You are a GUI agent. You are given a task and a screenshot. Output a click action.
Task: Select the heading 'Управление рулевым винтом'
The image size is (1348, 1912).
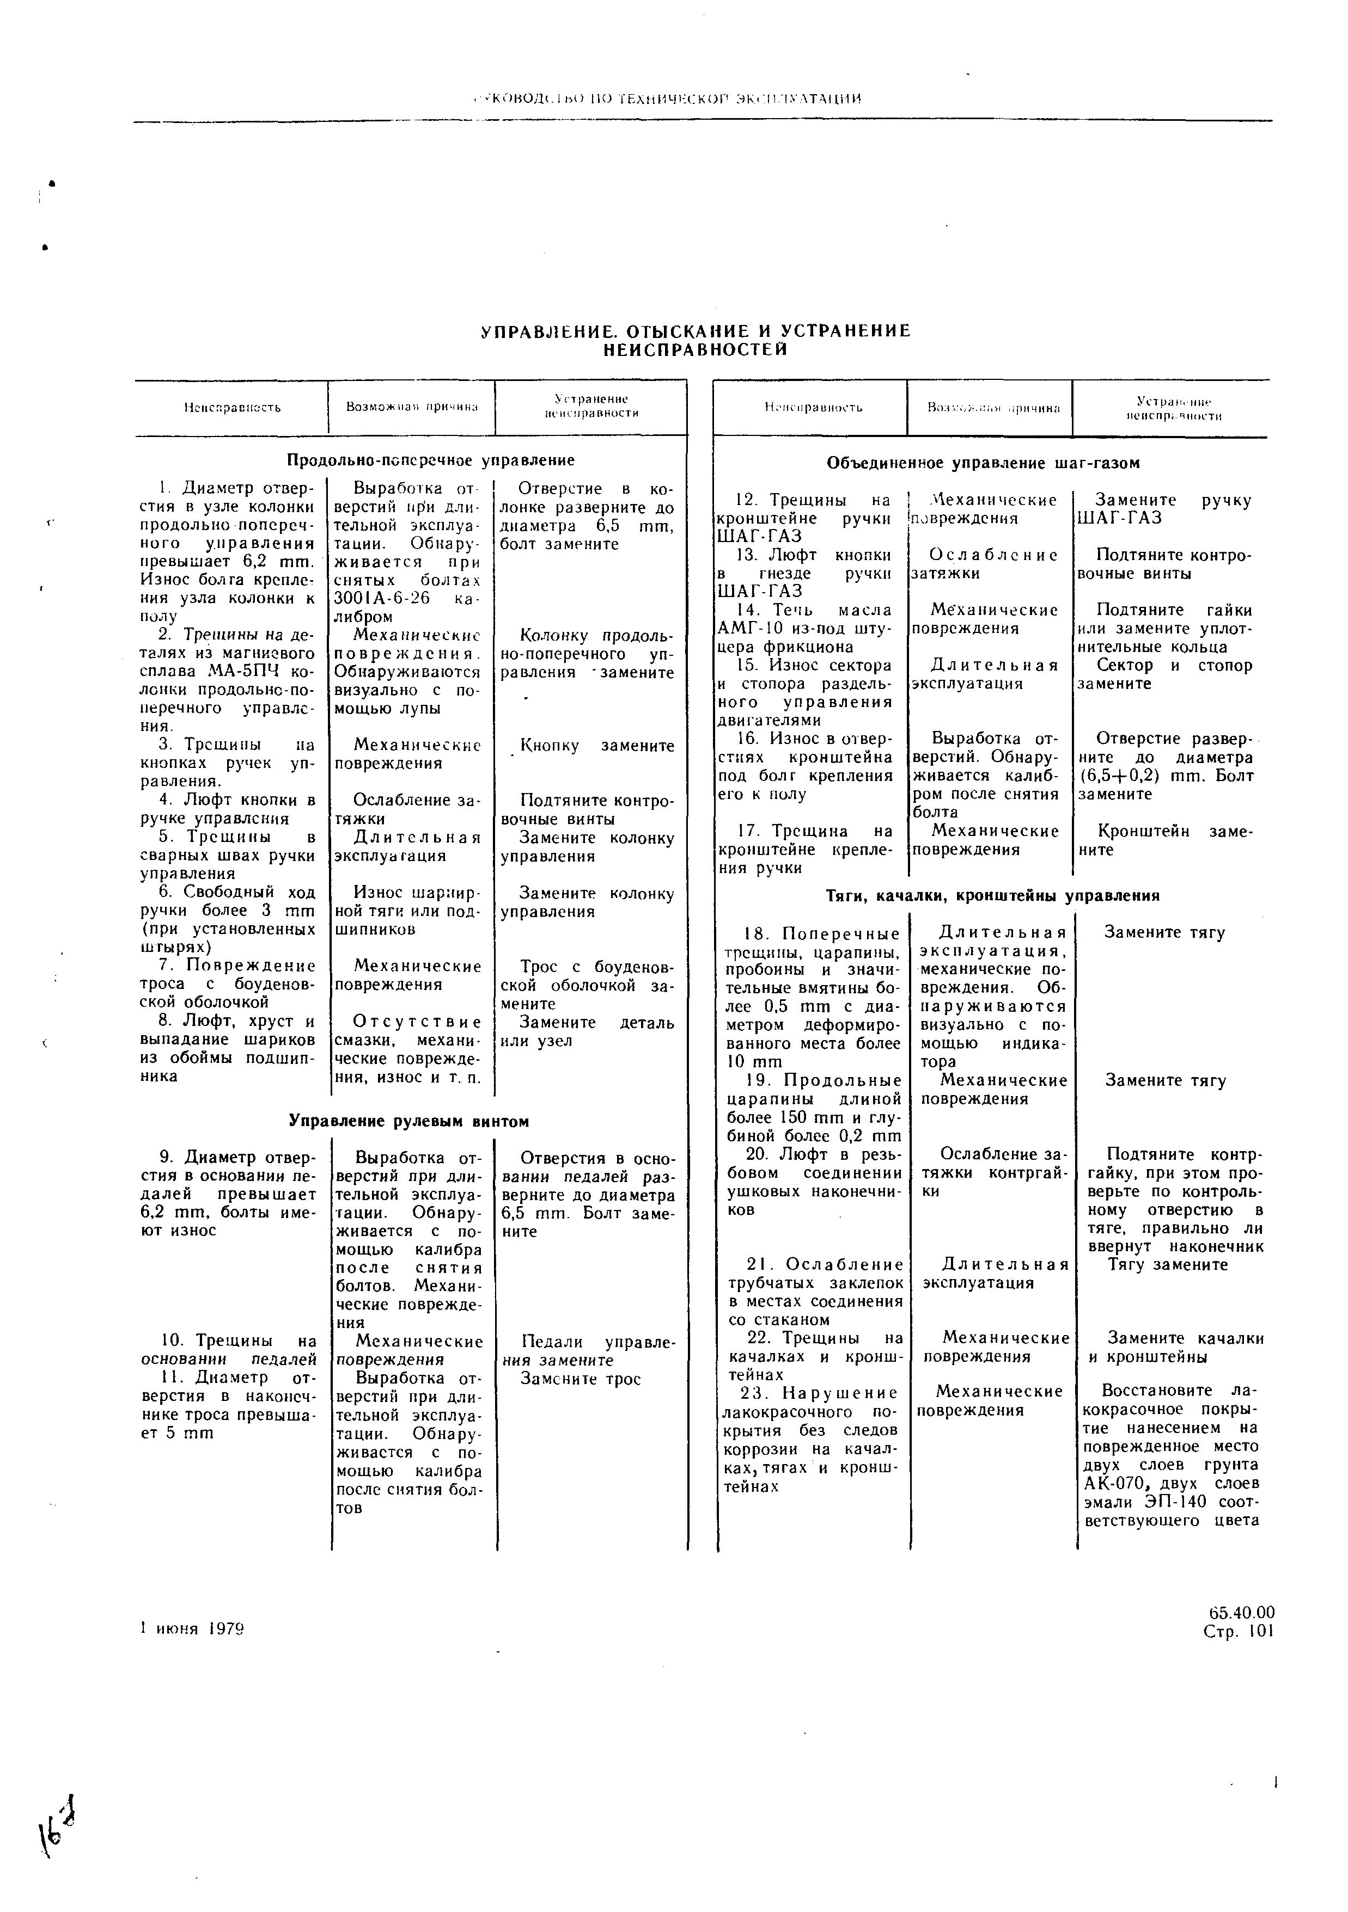tap(408, 1122)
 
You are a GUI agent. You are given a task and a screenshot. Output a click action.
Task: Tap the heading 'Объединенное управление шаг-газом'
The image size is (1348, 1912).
tap(983, 463)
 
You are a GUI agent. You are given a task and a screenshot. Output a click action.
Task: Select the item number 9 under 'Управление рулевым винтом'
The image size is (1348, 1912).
tap(166, 1158)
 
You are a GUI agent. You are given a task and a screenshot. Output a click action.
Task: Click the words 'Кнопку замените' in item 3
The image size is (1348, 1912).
tap(596, 746)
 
